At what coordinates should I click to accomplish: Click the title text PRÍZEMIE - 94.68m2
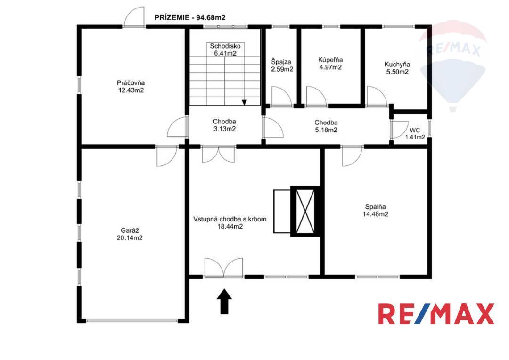point(190,17)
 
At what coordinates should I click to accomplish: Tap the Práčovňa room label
point(131,86)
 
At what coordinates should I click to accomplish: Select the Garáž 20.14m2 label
point(130,234)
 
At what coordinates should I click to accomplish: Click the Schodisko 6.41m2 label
point(225,49)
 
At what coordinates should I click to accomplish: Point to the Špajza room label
point(282,65)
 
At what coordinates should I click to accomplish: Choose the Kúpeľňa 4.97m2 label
point(330,63)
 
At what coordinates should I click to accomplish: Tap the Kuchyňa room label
point(397,68)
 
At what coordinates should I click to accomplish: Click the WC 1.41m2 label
point(415,134)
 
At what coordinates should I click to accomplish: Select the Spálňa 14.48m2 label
point(376,210)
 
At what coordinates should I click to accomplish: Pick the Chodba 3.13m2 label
point(224,125)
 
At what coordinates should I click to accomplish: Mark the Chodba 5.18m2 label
point(326,126)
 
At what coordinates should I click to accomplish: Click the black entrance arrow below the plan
point(224,302)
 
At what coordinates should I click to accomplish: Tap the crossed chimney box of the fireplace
point(305,211)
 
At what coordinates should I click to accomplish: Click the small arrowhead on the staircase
point(245,102)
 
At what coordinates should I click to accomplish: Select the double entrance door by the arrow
point(224,268)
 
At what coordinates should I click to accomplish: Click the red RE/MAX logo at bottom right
point(436,313)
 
